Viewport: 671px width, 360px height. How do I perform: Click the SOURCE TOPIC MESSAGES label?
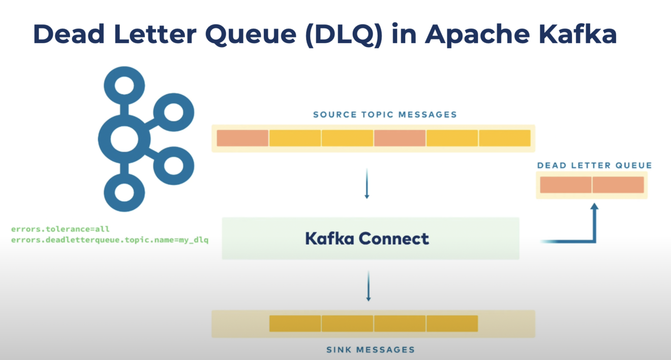[385, 114]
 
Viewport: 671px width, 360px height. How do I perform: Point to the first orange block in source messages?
[242, 138]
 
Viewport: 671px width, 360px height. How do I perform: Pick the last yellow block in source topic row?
[504, 138]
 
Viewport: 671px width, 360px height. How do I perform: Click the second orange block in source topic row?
[400, 138]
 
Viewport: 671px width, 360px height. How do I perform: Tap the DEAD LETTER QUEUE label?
[594, 165]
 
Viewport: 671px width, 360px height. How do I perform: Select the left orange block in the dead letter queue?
[566, 185]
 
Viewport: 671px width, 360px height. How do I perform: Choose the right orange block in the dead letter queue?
[618, 185]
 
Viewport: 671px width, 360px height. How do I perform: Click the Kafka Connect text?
[367, 238]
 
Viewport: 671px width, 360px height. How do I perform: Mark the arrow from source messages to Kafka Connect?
[367, 188]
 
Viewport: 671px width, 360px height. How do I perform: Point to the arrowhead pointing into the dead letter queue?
[594, 206]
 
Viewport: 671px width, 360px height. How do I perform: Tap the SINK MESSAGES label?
[370, 349]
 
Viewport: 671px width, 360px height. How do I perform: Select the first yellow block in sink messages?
[295, 323]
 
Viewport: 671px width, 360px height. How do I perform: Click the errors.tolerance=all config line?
[60, 229]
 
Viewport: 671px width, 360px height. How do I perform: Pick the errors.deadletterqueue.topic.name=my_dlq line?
[110, 239]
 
